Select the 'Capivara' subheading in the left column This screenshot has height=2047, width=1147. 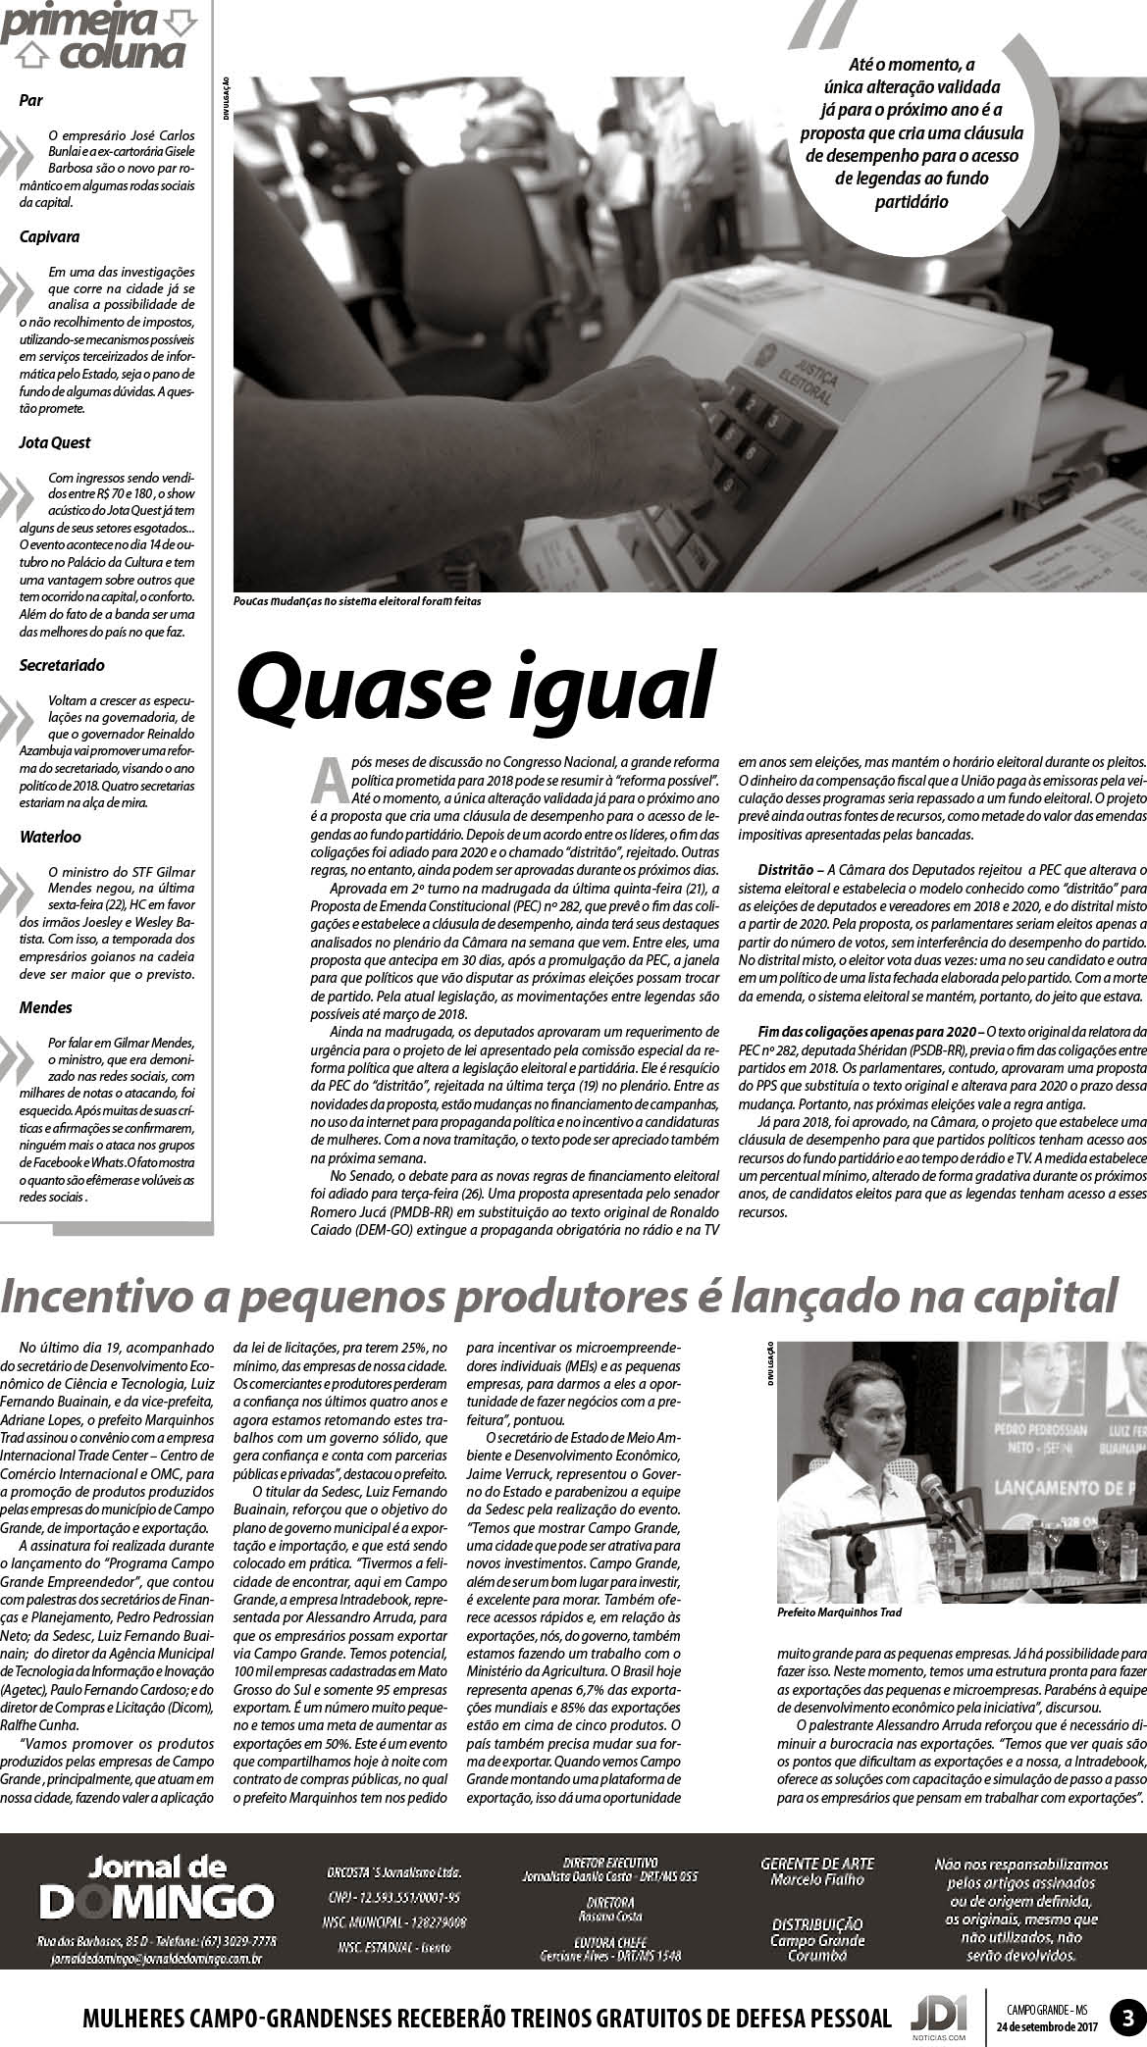[49, 236]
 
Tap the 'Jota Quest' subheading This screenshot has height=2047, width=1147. [55, 442]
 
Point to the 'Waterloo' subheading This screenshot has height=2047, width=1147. [50, 837]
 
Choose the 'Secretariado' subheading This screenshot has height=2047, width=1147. [62, 665]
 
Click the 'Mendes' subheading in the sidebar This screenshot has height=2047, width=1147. [45, 1007]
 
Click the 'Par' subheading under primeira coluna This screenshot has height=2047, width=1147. [30, 100]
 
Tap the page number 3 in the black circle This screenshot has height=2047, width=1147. [1127, 2018]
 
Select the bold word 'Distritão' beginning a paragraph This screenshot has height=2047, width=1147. [791, 869]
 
